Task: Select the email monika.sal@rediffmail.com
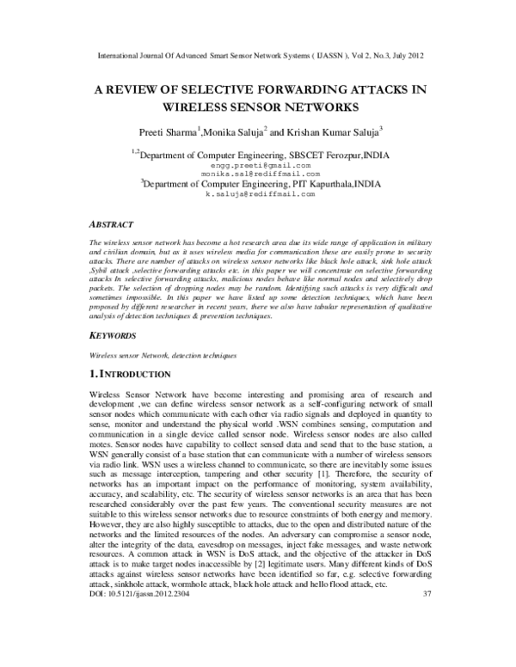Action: click(258, 173)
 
